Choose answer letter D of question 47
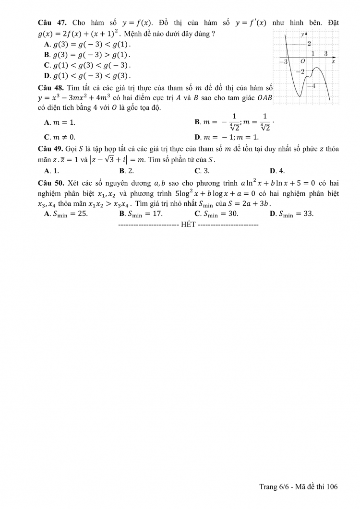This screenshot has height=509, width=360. (47, 75)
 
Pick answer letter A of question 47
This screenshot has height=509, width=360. (47, 44)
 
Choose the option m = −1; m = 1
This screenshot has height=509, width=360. (230, 137)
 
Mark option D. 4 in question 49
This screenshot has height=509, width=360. (277, 170)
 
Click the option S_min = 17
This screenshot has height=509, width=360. (144, 214)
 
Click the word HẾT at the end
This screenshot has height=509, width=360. (188, 225)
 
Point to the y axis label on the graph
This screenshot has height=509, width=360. (302, 34)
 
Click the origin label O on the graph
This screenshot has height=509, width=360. (303, 62)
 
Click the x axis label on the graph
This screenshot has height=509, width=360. (333, 62)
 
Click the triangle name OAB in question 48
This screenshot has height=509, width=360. (264, 98)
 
